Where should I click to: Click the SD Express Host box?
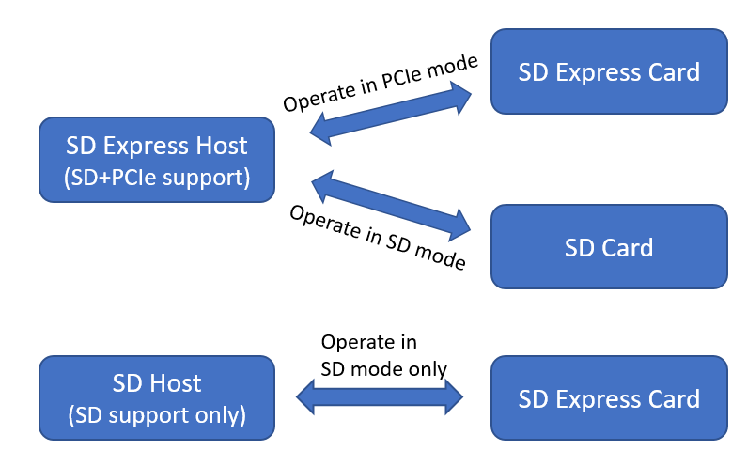pos(157,160)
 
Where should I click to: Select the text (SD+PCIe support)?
pos(157,177)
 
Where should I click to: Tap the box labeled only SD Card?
pos(609,247)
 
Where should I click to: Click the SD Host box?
pos(157,396)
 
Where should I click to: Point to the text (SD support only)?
pos(157,413)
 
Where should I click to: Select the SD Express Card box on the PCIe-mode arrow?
pos(609,71)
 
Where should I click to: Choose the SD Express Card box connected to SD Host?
pos(609,397)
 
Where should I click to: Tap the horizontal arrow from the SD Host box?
pos(380,397)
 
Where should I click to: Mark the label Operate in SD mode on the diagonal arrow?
pos(377,238)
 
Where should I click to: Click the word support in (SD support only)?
pos(154,413)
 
